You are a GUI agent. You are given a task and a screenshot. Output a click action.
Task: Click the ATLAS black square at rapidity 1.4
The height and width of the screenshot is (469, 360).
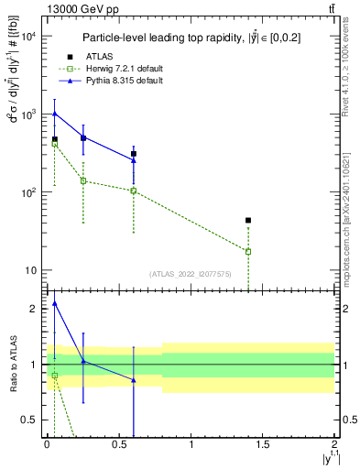[248, 221]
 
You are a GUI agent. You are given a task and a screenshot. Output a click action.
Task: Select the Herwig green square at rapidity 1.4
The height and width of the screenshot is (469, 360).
[248, 251]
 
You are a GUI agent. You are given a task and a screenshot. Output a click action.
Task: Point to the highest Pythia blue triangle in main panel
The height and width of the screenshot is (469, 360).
[55, 114]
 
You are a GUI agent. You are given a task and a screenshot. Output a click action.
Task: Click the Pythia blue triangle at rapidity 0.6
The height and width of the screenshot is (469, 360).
[134, 159]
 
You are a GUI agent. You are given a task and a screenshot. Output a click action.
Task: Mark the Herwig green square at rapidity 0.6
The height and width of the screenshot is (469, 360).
[134, 191]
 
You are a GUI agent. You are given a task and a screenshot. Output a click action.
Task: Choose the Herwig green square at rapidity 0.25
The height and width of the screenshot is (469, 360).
[83, 180]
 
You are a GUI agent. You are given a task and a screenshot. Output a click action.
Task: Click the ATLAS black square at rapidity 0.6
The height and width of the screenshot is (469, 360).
[134, 154]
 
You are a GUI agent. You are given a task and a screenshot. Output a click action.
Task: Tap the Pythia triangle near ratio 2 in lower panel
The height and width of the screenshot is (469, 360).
[55, 303]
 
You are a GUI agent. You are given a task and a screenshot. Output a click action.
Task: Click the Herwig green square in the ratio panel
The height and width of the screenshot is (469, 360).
[55, 376]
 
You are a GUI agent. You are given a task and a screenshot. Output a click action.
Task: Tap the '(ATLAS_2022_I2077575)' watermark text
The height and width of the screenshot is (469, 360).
[191, 273]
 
